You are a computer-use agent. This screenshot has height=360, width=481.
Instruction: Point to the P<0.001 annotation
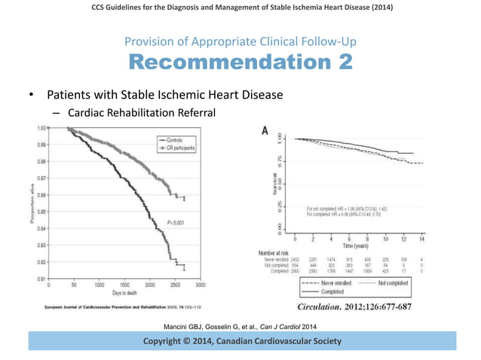[177, 223]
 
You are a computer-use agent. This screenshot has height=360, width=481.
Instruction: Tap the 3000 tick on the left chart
[201, 286]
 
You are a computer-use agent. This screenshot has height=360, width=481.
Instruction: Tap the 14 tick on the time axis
[421, 239]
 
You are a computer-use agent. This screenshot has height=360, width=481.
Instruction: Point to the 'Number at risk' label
[274, 253]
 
